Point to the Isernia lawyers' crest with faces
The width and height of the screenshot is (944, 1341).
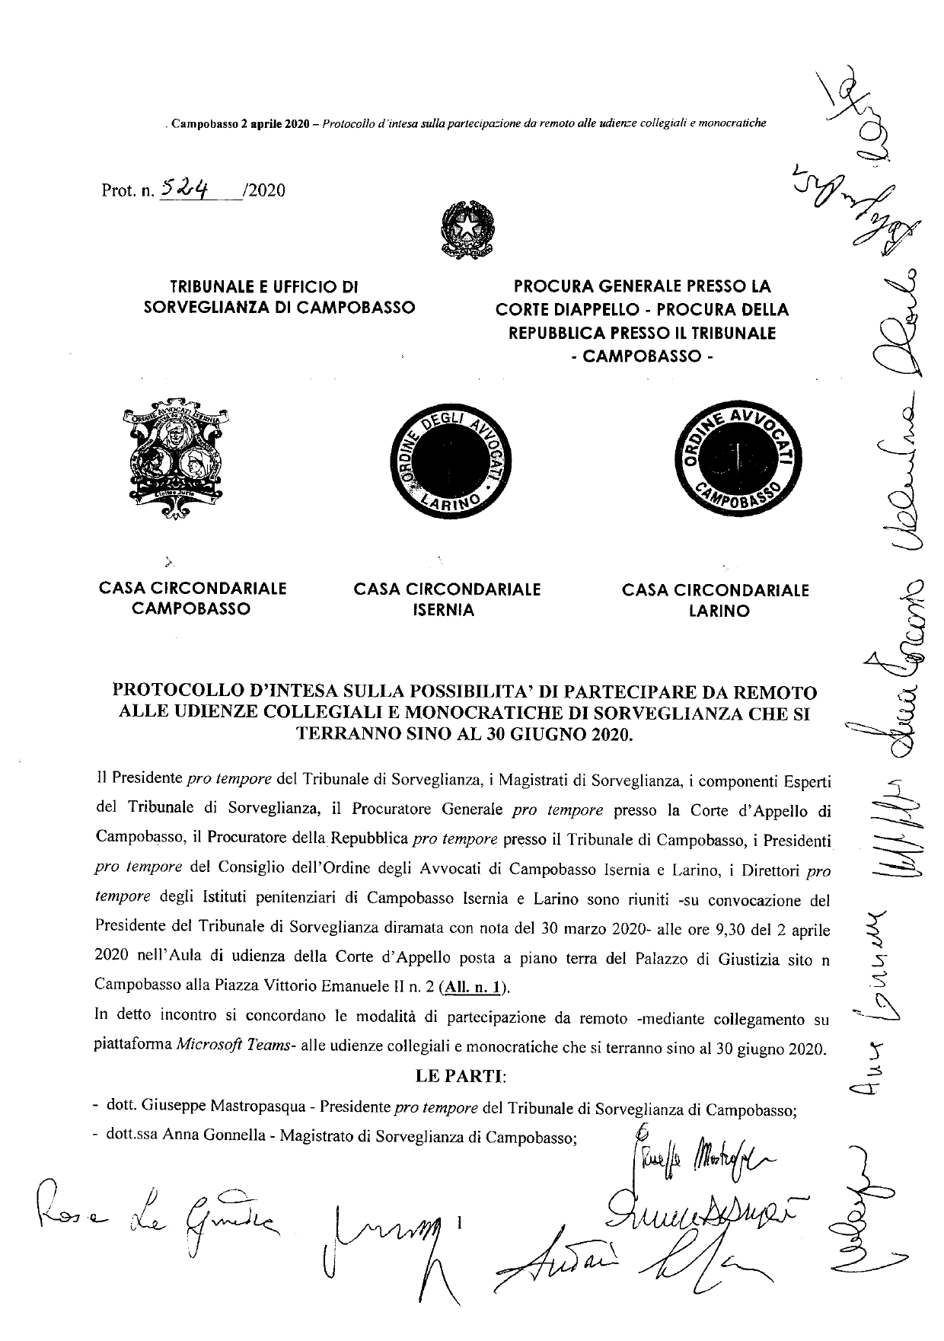pos(174,455)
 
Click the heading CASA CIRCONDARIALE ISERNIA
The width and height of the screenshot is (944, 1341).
pos(447,599)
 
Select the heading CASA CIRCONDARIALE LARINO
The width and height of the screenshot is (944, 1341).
pos(716,600)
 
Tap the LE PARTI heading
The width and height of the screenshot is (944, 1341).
pos(461,1078)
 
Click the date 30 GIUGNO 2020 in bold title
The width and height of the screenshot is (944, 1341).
pos(563,735)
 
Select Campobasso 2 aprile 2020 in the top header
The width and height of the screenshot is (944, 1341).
pos(238,123)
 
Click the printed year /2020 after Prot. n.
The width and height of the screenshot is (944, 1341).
pos(263,190)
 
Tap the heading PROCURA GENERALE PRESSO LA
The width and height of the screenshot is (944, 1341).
pos(642,287)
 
